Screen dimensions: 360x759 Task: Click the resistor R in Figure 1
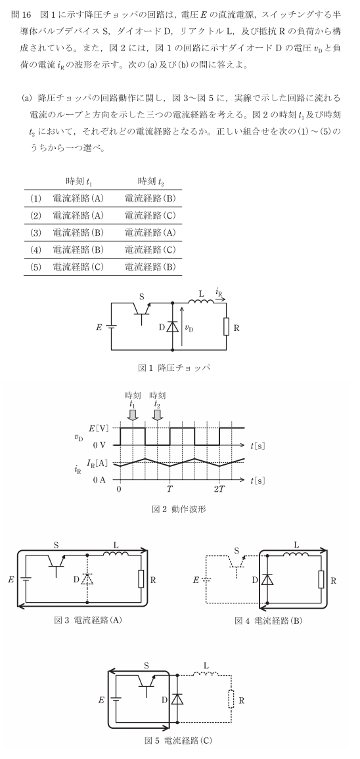(x=226, y=327)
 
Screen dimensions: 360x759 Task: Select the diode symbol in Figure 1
(x=173, y=327)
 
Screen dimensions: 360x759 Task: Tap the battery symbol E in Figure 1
(x=112, y=327)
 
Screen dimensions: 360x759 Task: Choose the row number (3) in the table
(x=36, y=232)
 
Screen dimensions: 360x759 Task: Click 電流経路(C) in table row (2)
(x=150, y=215)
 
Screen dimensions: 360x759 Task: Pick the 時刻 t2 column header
(x=151, y=181)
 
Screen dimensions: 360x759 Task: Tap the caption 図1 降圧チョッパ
(x=173, y=368)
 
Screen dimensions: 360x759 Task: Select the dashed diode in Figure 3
(x=87, y=579)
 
